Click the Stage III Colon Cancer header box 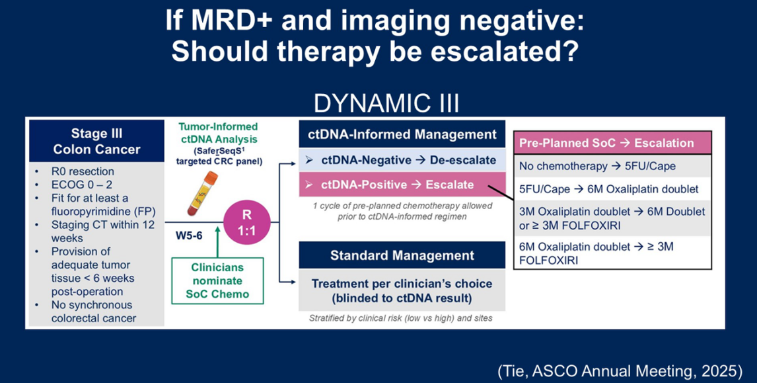coord(96,140)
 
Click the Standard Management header coord(402,255)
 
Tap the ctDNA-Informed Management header coord(402,134)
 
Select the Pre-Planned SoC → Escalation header coord(616,143)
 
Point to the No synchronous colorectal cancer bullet coord(92,311)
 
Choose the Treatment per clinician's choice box coord(402,290)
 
